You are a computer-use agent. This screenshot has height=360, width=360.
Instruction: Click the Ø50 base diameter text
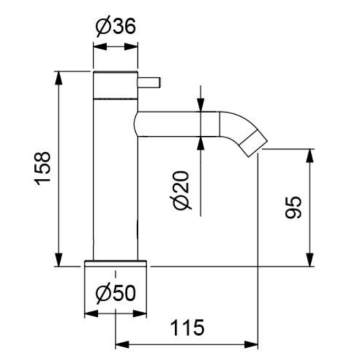(116, 296)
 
